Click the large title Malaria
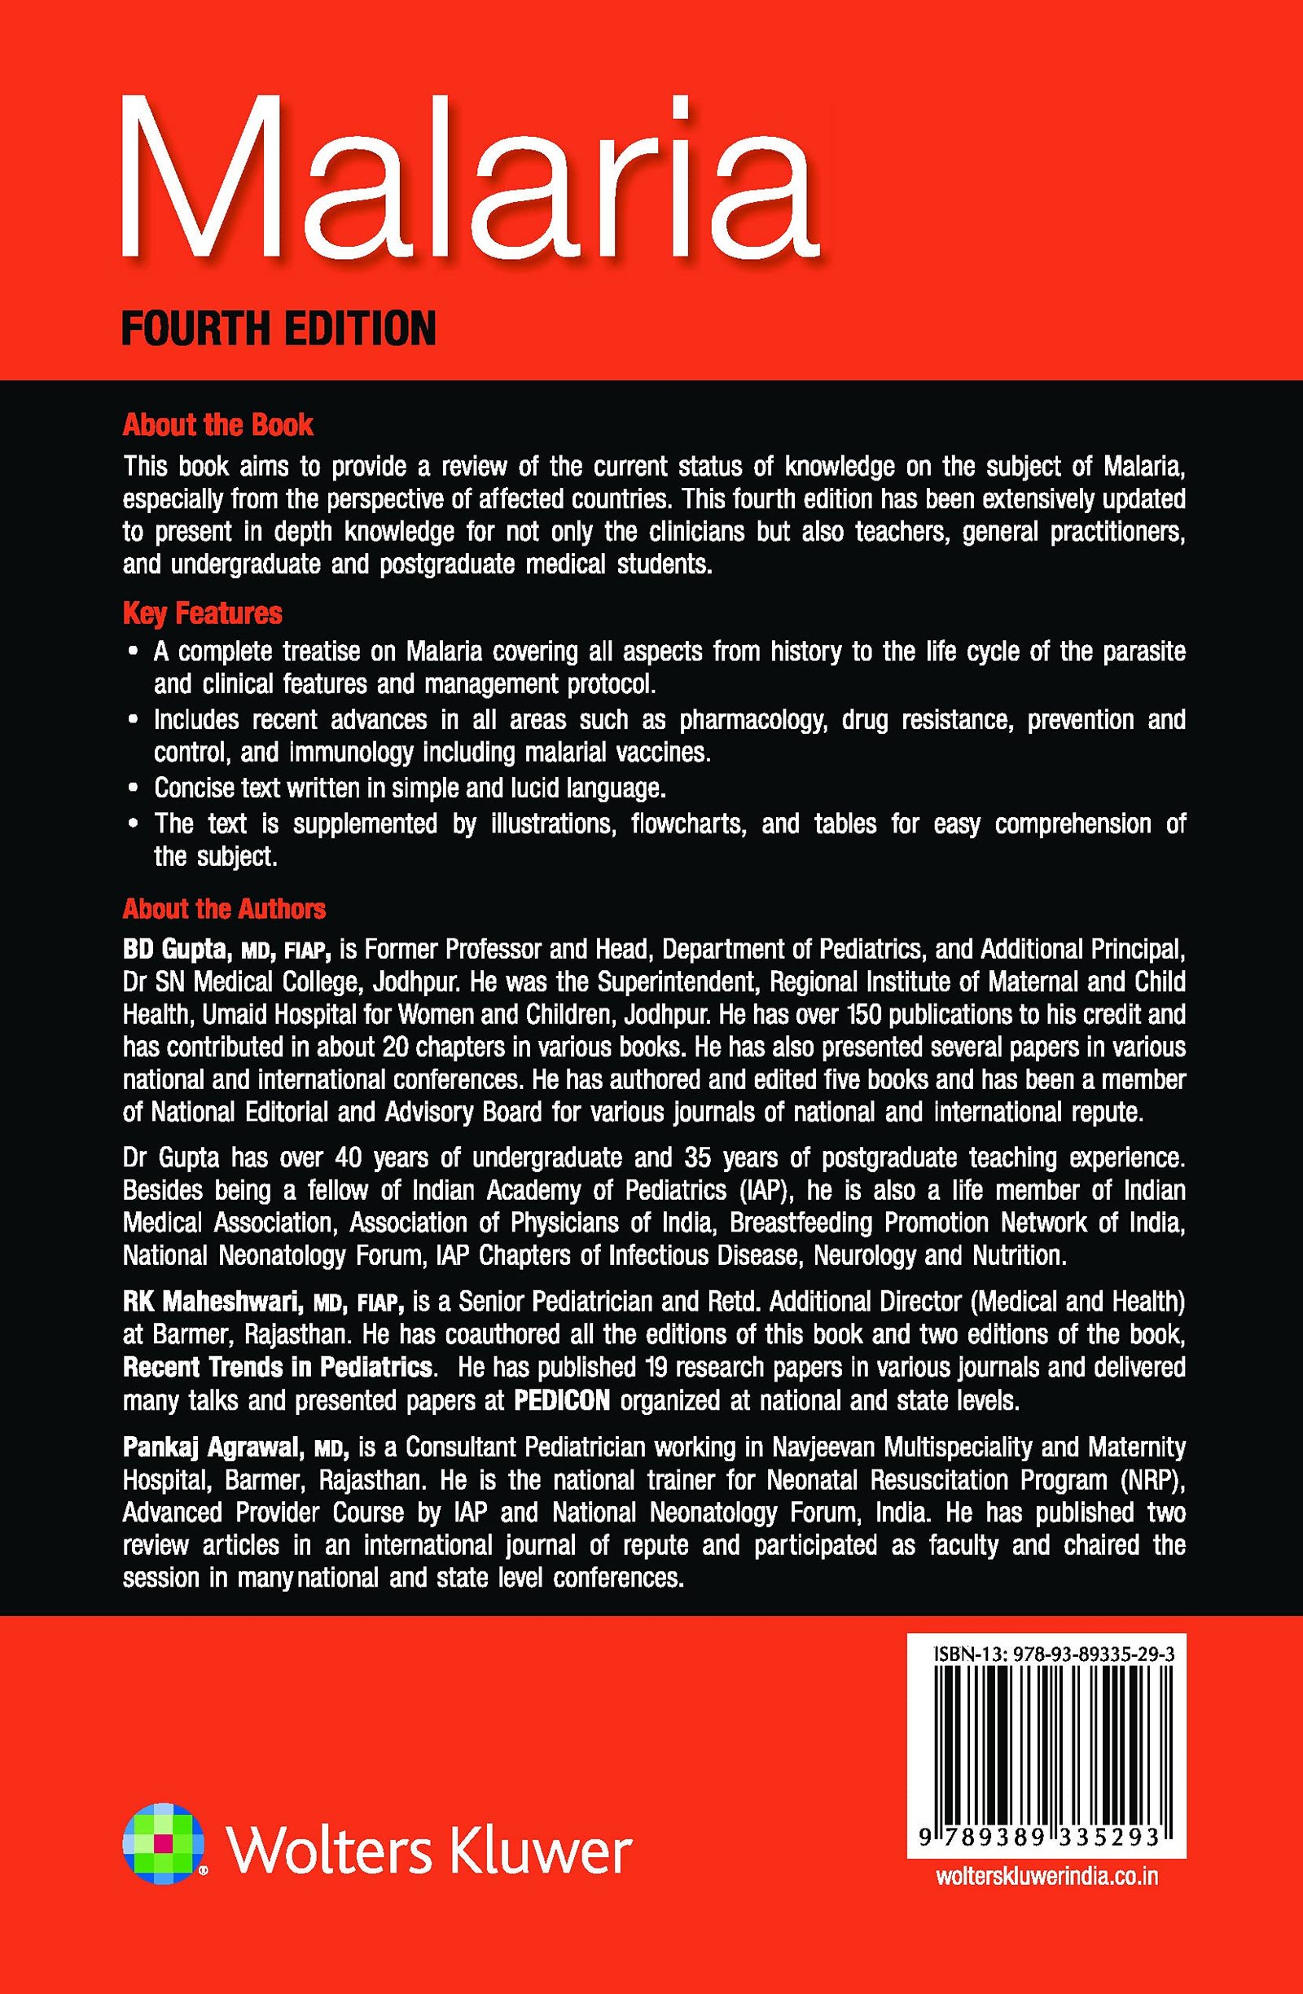469,180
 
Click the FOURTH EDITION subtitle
279,327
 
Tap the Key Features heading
203,613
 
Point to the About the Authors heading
225,909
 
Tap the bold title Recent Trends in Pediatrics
277,1368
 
